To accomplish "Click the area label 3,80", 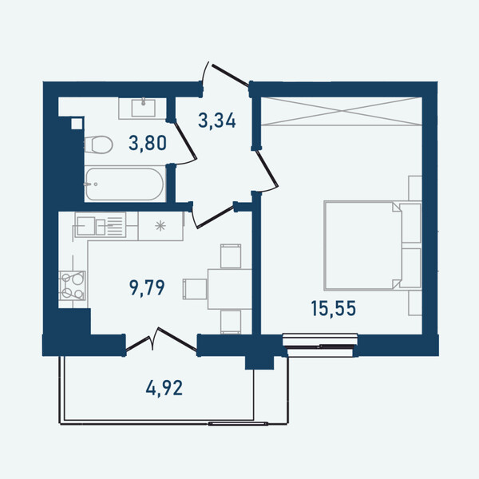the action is point(148,143).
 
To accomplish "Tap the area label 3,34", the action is point(217,121).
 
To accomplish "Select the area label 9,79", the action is point(147,287).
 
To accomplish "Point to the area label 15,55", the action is point(334,308).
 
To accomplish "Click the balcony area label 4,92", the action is point(164,388).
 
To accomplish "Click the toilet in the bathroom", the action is point(98,144).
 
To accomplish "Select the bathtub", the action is point(125,184).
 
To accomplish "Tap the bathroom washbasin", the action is point(143,108).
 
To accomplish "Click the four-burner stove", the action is point(73,286).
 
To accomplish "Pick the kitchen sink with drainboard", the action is point(101,225).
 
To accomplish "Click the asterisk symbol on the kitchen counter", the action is point(160,226).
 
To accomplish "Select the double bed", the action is point(372,245).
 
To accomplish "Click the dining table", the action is point(230,289).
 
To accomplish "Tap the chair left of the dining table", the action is point(195,289).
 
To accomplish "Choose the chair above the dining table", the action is point(231,256).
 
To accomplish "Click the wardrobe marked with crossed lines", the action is point(342,111).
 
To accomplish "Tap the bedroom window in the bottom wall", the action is point(320,345).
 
